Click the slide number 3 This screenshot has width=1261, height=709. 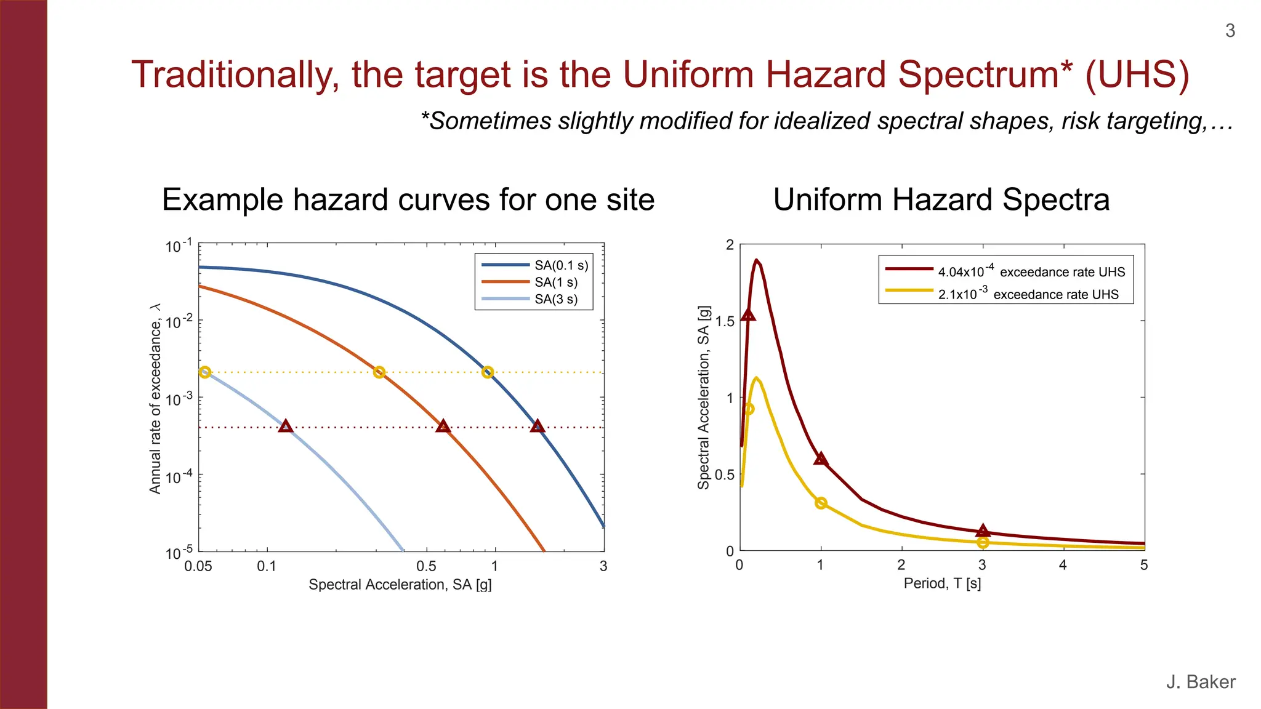[x=1230, y=31]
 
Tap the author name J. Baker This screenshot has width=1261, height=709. [x=1200, y=681]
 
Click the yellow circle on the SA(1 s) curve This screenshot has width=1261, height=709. [x=379, y=372]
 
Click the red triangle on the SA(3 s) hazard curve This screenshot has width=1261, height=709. [x=286, y=426]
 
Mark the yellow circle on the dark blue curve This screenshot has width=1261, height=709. [x=488, y=372]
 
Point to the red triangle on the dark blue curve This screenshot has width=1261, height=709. [x=538, y=426]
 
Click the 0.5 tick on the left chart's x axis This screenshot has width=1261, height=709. [x=426, y=566]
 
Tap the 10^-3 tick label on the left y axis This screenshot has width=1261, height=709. [x=179, y=399]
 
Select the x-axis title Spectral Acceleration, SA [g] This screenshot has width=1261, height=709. [x=400, y=584]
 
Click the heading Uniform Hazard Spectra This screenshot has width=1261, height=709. [x=941, y=199]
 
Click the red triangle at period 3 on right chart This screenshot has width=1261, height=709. [x=983, y=531]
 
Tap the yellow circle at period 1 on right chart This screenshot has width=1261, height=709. [x=821, y=503]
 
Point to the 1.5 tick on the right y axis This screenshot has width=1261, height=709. [x=725, y=321]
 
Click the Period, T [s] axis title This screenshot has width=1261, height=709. [x=942, y=583]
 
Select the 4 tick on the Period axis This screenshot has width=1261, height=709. [x=1063, y=565]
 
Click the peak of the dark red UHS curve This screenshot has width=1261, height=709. [x=756, y=260]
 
